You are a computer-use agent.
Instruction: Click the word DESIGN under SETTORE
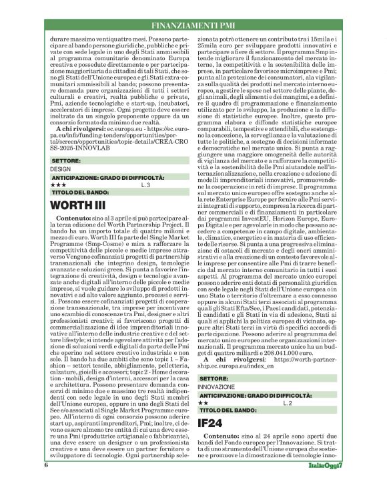tap(60, 169)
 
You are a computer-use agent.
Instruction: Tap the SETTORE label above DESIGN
tap(65, 162)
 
